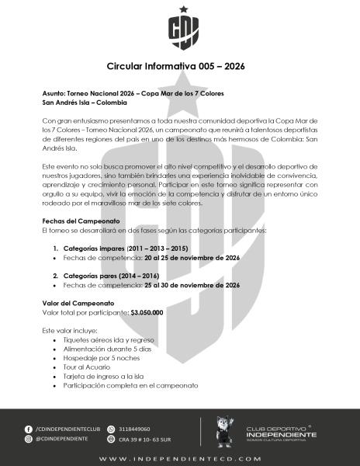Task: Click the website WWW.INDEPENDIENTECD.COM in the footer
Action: (x=180, y=458)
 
